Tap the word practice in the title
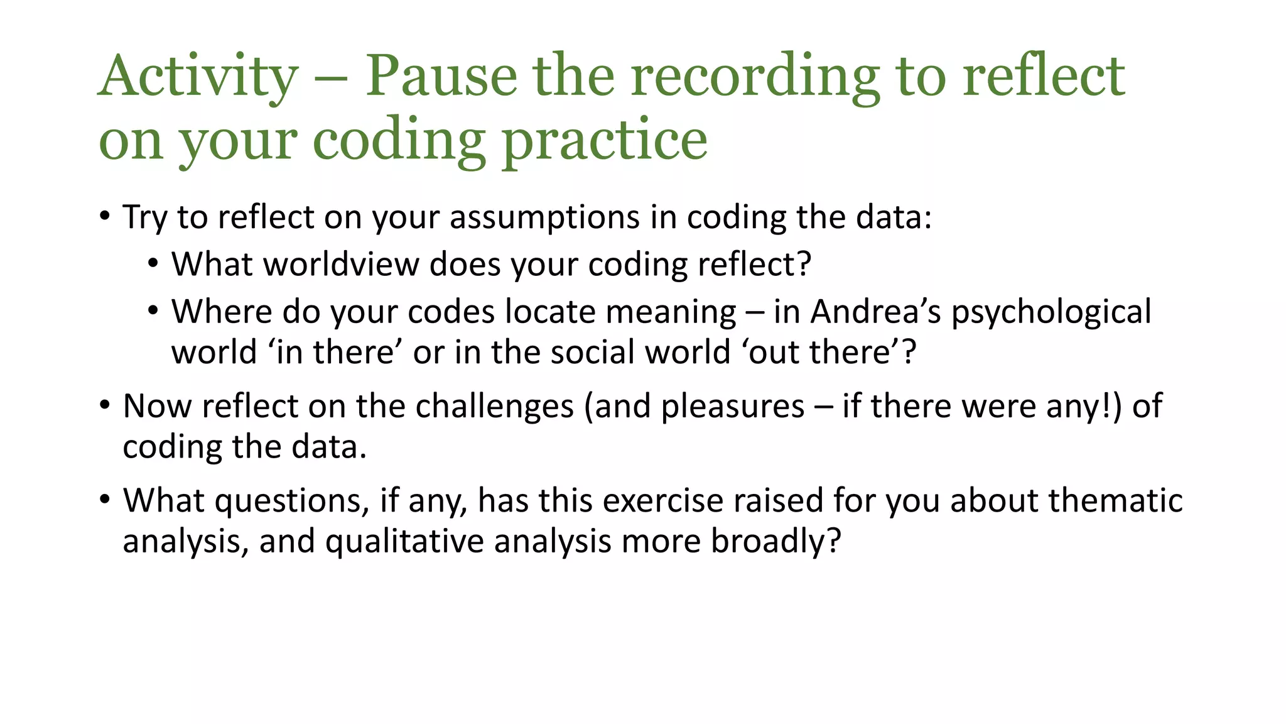point(604,141)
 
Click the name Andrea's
point(875,312)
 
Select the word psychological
point(1051,313)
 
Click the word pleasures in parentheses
point(732,407)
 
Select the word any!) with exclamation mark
point(1084,407)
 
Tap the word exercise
point(662,501)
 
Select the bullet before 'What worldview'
point(153,263)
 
